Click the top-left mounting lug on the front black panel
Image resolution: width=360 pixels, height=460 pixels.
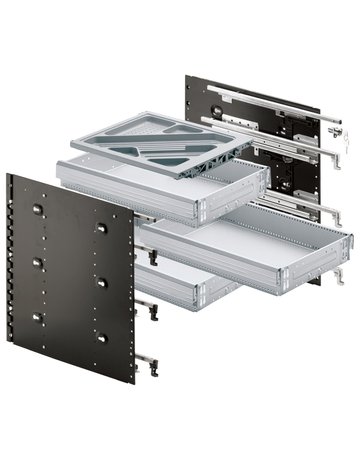coord(37,209)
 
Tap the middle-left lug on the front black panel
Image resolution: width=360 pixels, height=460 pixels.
coord(38,262)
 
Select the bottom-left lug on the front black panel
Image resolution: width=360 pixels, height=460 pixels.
coord(38,318)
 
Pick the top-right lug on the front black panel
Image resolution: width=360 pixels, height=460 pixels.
coord(101,226)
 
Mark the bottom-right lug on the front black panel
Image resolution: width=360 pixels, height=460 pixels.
coord(102,337)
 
